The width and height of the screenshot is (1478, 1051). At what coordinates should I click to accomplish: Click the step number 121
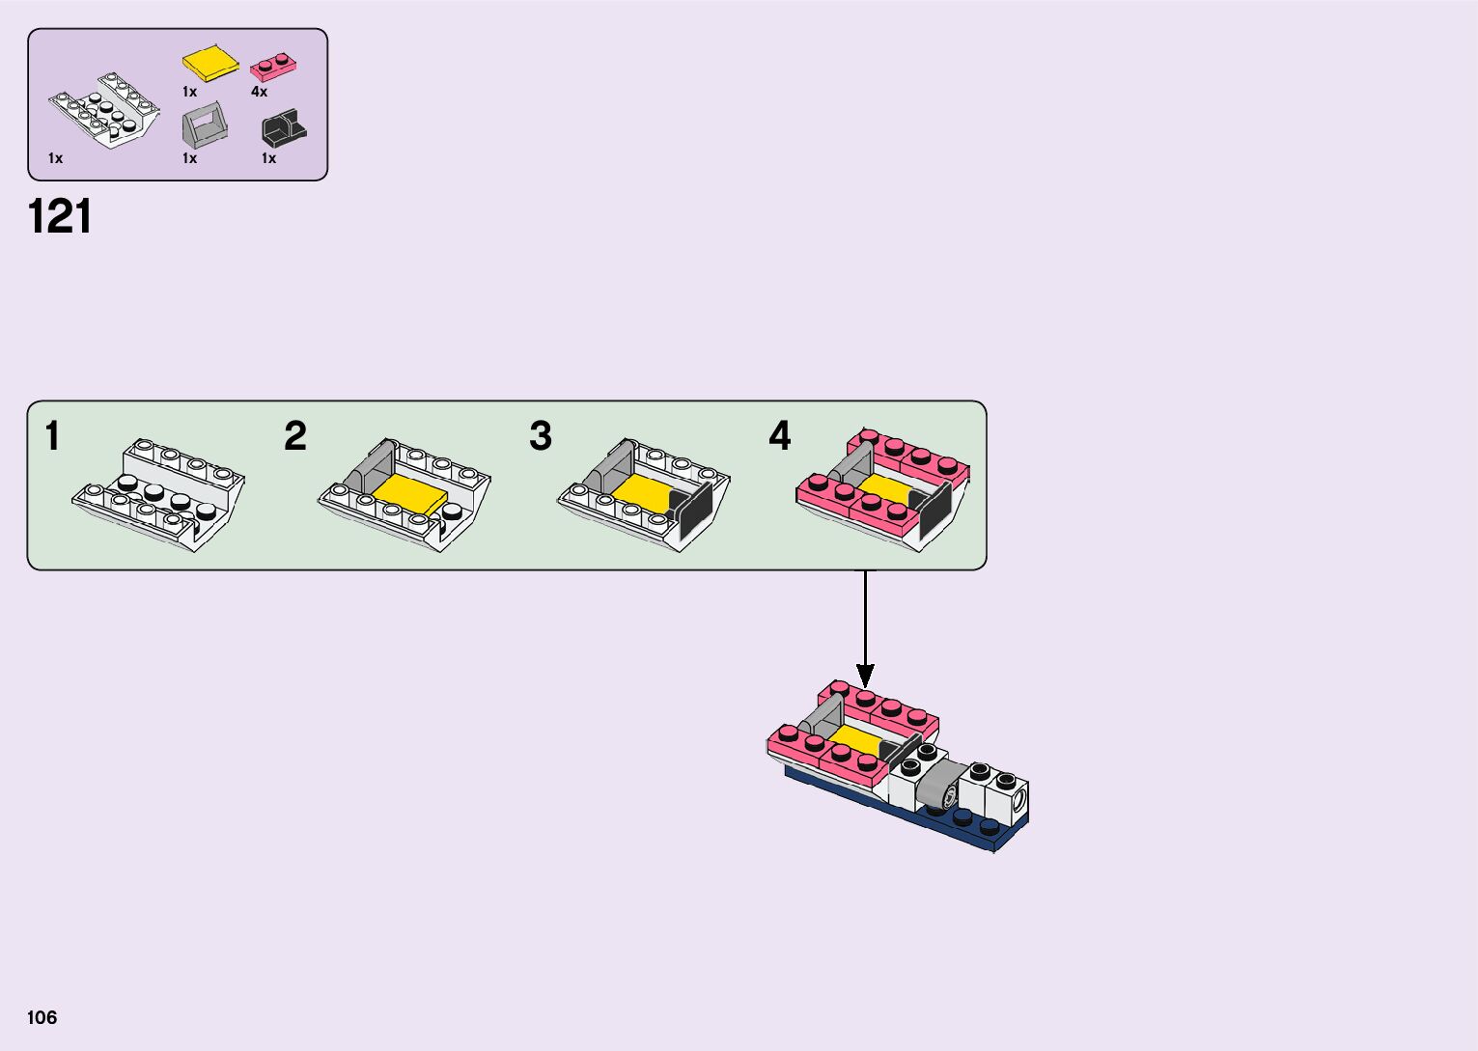pos(60,217)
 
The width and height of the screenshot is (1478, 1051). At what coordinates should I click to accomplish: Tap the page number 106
pos(42,1017)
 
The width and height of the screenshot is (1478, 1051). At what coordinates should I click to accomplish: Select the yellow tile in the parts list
pos(210,63)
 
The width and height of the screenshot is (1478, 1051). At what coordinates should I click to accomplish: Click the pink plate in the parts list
pos(273,66)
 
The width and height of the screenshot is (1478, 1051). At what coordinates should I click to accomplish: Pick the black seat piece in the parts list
pos(283,129)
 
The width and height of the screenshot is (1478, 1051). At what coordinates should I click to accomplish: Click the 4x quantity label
pos(259,92)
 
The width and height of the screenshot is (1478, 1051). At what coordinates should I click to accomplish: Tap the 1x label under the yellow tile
pos(189,92)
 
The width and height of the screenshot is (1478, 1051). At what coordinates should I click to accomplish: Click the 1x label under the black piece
pos(268,158)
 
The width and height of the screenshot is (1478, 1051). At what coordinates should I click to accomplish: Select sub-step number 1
pos(52,436)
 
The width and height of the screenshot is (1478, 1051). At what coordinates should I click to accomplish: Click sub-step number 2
pos(295,436)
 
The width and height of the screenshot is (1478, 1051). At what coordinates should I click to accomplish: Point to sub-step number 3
pos(541,436)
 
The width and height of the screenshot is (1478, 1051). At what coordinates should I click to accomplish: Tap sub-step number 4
pos(780,436)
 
